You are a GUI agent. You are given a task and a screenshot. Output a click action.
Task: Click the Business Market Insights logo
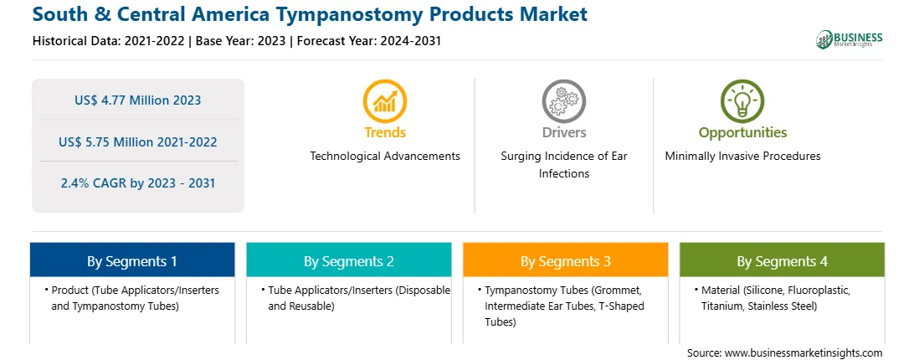click(850, 39)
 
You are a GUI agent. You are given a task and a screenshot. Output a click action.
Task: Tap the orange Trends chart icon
click(385, 101)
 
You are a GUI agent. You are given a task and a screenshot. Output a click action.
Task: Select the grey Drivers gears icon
click(563, 101)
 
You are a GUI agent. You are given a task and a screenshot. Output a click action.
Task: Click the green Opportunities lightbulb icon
click(742, 101)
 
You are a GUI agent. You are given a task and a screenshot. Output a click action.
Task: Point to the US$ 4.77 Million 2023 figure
click(137, 100)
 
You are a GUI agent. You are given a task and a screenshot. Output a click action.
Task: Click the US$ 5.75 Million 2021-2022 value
click(137, 141)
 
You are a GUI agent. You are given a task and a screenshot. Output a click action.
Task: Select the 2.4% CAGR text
click(137, 183)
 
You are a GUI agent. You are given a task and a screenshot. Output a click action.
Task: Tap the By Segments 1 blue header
click(132, 260)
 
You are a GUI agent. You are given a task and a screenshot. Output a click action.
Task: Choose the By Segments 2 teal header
click(348, 260)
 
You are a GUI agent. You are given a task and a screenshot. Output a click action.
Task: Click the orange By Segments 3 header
click(566, 260)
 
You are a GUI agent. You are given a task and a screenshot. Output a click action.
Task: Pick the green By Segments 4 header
click(783, 260)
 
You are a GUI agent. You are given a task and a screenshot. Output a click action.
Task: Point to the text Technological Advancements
click(385, 156)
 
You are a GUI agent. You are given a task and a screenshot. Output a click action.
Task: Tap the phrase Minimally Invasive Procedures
click(742, 156)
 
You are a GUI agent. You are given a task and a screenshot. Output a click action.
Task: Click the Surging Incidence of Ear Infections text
click(563, 165)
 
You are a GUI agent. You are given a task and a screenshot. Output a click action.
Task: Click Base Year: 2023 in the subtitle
click(241, 41)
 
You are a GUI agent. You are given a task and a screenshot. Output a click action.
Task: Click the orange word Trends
click(385, 132)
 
